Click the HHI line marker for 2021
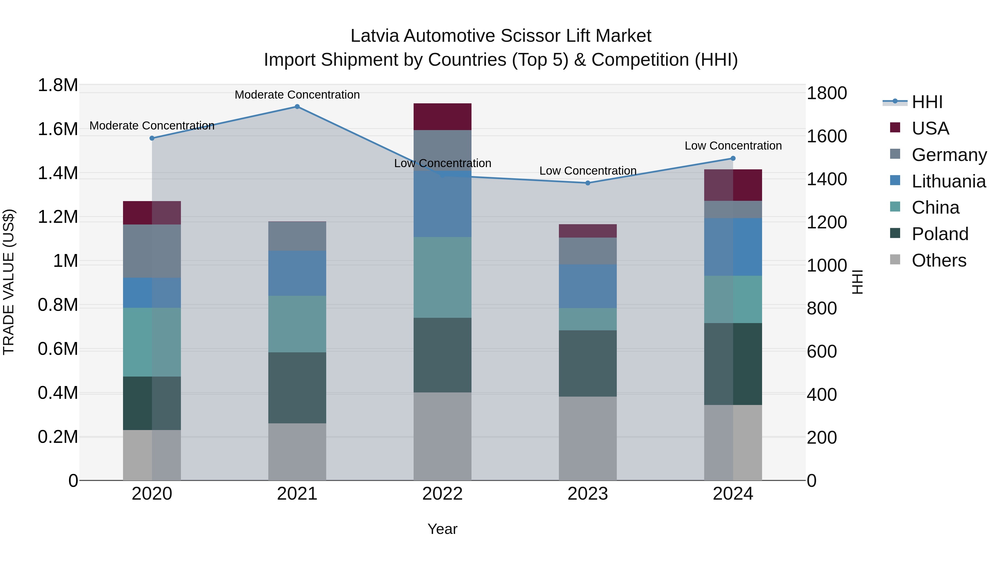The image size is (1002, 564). click(297, 107)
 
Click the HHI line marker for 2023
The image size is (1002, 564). click(588, 183)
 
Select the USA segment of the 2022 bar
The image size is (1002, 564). click(442, 117)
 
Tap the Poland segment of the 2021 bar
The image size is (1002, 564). click(297, 388)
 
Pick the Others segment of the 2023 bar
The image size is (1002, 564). click(588, 438)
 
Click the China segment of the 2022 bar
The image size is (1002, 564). click(442, 277)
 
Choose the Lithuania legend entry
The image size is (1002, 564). click(948, 181)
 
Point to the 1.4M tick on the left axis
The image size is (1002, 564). click(58, 173)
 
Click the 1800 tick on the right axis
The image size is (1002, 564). click(827, 93)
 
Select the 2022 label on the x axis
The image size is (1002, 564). click(442, 494)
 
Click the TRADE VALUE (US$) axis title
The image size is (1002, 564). click(9, 282)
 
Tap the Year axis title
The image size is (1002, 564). click(442, 529)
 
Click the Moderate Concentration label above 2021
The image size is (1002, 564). click(297, 95)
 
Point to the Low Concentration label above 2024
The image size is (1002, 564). click(733, 146)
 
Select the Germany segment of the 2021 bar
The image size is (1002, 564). click(297, 236)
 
